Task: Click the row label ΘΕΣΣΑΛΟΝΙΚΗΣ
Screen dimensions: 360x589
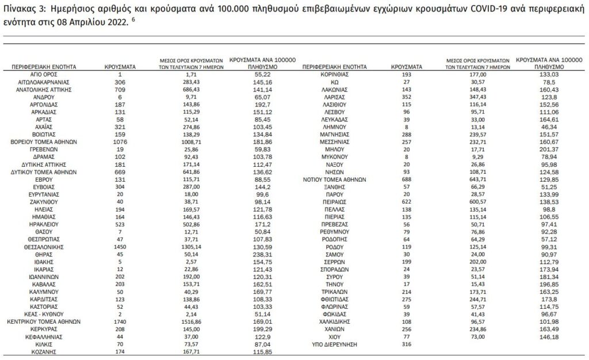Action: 44,247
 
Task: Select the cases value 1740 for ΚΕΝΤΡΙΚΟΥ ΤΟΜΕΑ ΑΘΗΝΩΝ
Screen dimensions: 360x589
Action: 120,321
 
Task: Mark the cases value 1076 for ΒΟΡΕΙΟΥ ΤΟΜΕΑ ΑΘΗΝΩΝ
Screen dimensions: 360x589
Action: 120,142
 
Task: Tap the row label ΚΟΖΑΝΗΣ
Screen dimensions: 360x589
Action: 44,351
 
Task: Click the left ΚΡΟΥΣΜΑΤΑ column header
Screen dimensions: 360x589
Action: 120,67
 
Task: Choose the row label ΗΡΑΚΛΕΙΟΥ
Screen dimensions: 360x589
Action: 44,224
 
